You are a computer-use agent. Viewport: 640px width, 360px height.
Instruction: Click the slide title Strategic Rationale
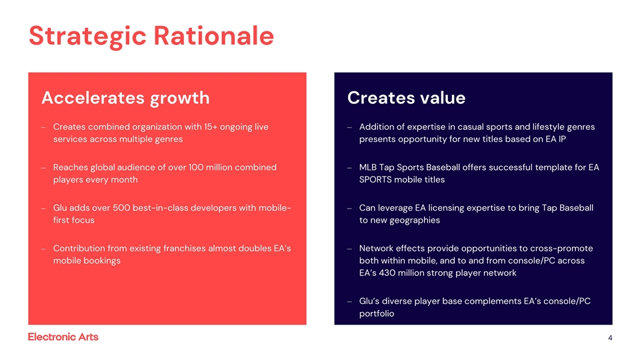[151, 35]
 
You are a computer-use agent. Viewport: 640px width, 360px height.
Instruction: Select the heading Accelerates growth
[125, 98]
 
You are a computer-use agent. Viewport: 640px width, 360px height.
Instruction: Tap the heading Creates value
[406, 98]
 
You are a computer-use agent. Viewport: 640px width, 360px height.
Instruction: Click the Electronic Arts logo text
[63, 337]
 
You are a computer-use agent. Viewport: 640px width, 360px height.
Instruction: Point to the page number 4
[610, 338]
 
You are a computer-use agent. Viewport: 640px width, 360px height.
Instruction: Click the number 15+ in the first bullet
[215, 127]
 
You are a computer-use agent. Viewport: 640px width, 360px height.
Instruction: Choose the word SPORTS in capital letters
[377, 180]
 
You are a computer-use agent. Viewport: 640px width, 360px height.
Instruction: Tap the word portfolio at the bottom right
[377, 313]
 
